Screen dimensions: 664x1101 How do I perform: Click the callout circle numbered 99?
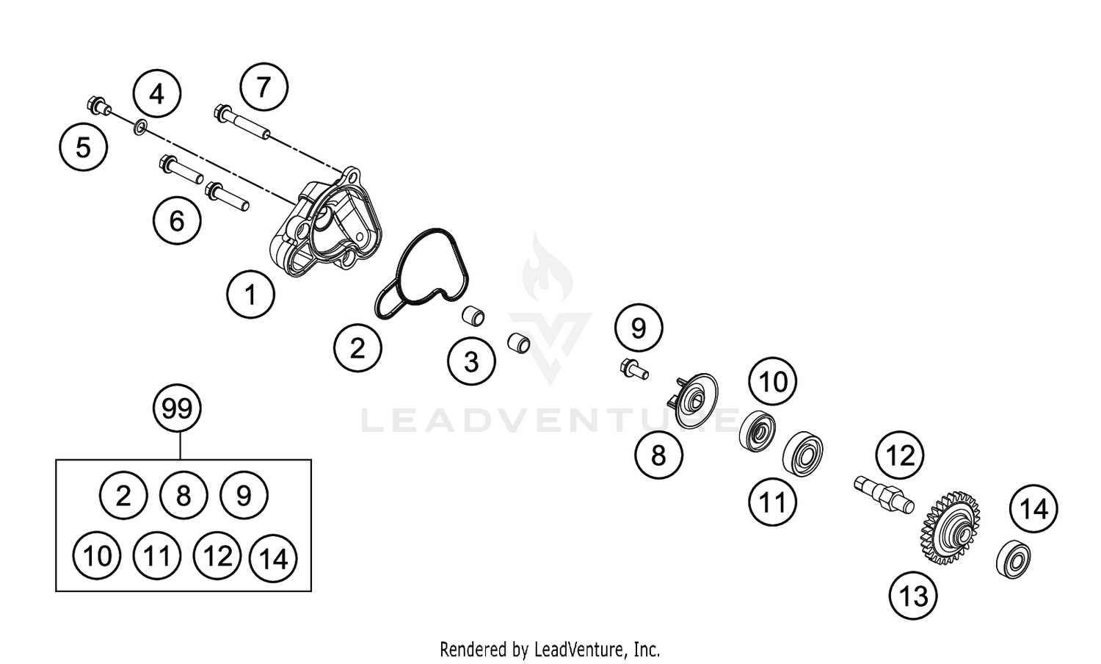click(x=177, y=408)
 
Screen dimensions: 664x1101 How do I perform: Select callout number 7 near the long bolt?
click(x=264, y=87)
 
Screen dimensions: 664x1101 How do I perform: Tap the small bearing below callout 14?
click(x=1014, y=560)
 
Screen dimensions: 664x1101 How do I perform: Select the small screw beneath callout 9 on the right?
click(x=634, y=368)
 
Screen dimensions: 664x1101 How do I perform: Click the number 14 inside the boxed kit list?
click(x=274, y=560)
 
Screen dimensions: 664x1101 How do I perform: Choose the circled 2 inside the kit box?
click(x=123, y=496)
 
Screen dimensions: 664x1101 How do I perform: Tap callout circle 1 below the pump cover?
click(x=250, y=295)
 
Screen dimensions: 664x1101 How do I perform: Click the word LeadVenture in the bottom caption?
click(x=580, y=649)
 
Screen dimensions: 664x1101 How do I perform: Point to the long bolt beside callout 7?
click(x=242, y=122)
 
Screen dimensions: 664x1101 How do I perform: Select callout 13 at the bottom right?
click(x=913, y=596)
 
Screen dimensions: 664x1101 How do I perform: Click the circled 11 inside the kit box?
click(x=157, y=557)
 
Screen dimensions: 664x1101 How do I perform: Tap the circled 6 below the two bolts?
click(x=177, y=220)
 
